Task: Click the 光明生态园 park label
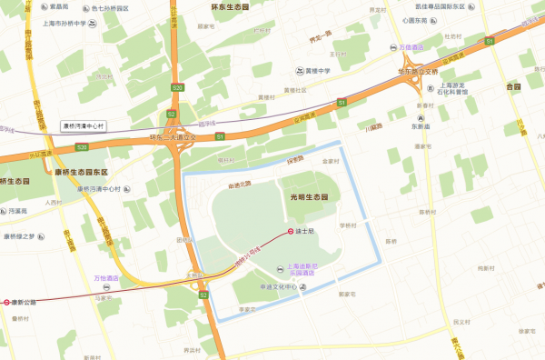pyautogui.click(x=311, y=197)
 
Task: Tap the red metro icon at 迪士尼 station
pyautogui.click(x=291, y=232)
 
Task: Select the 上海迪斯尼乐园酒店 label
pyautogui.click(x=307, y=269)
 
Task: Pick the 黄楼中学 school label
pyautogui.click(x=319, y=70)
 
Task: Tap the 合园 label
pyautogui.click(x=514, y=87)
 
